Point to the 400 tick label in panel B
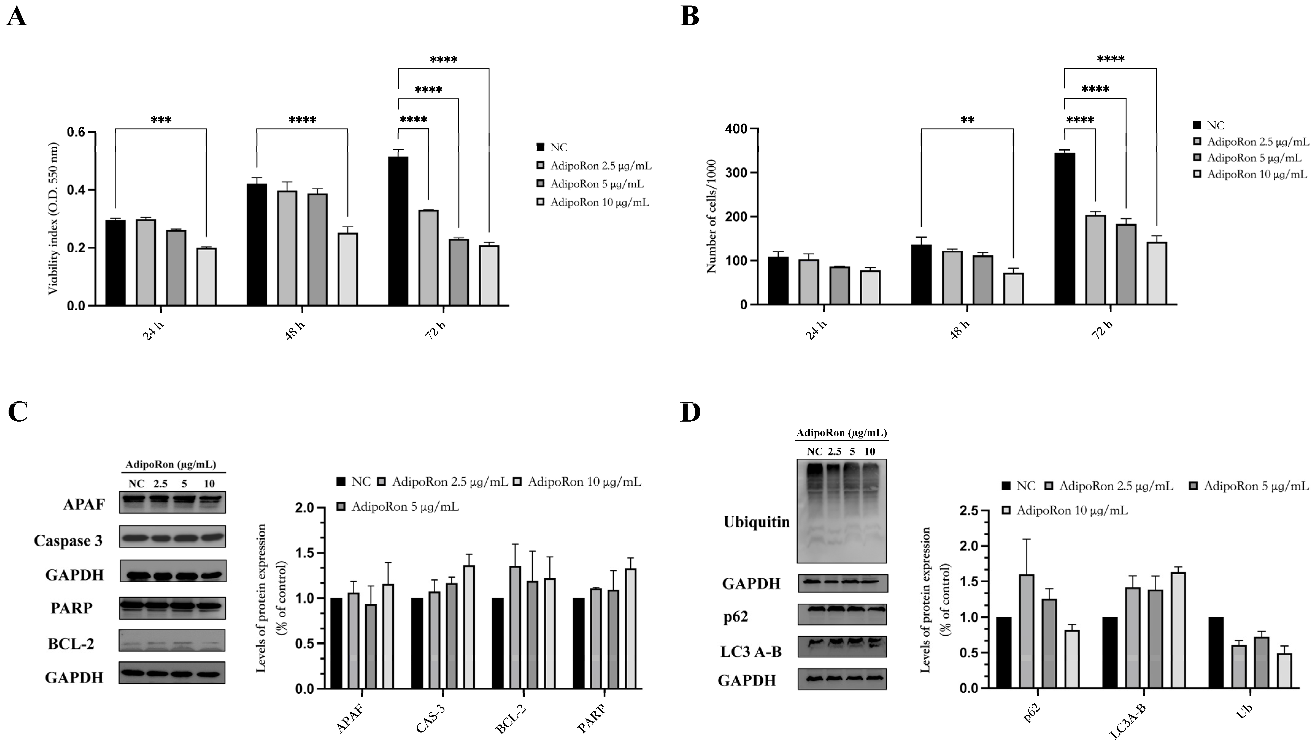tap(736, 129)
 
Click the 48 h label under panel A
tap(295, 331)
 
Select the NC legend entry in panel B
tap(1216, 125)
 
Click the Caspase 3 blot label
tap(68, 541)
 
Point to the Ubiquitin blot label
tap(756, 522)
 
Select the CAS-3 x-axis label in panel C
tap(431, 719)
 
